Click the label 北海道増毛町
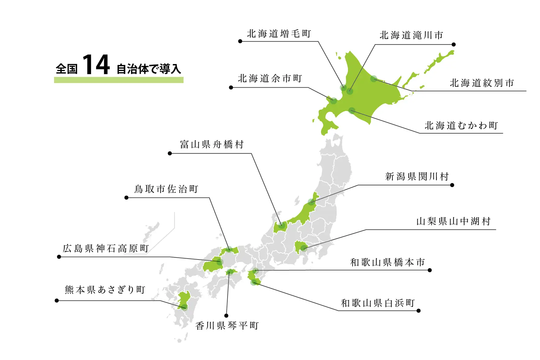point(279,34)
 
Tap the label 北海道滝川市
point(411,35)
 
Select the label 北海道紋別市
point(481,83)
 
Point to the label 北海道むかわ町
point(461,126)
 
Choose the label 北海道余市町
point(270,78)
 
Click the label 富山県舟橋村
point(212,144)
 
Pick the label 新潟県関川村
point(417,176)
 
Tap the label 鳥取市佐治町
point(166,189)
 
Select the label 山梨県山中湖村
point(453,221)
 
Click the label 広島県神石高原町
point(106,248)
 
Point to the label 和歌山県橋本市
point(387,262)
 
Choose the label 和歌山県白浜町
point(378,303)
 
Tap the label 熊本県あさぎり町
point(105,290)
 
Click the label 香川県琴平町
point(227,325)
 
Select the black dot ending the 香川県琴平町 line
point(226,316)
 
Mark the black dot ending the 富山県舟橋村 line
point(170,153)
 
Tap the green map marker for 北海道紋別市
point(373,79)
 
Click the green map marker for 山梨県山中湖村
point(304,248)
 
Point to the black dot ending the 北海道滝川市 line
point(454,44)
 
